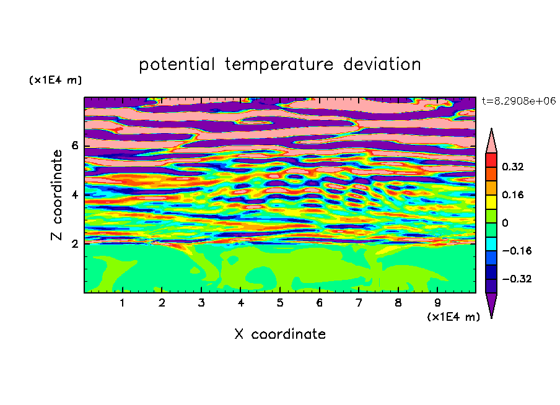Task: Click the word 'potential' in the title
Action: [177, 65]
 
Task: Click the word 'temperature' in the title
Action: [279, 65]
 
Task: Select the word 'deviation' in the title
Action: [382, 64]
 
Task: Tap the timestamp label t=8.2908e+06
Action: [518, 101]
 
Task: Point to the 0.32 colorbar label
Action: [512, 167]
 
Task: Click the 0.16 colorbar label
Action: [512, 194]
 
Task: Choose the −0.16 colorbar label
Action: [517, 251]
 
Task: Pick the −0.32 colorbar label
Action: [517, 279]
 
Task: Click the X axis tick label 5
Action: [280, 303]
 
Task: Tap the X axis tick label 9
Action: [437, 303]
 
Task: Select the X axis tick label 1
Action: [123, 303]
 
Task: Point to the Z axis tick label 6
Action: [74, 146]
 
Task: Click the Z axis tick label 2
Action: [74, 244]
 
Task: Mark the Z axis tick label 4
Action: [74, 195]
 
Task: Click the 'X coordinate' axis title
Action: [280, 334]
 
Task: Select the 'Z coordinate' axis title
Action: [57, 195]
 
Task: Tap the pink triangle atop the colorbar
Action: [491, 142]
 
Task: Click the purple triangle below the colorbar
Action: [491, 303]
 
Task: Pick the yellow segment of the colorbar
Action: [491, 202]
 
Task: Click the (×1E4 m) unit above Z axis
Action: [55, 80]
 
